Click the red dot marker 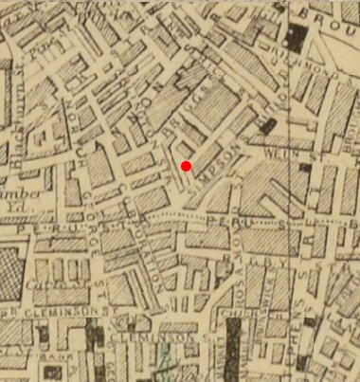(x=187, y=167)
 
